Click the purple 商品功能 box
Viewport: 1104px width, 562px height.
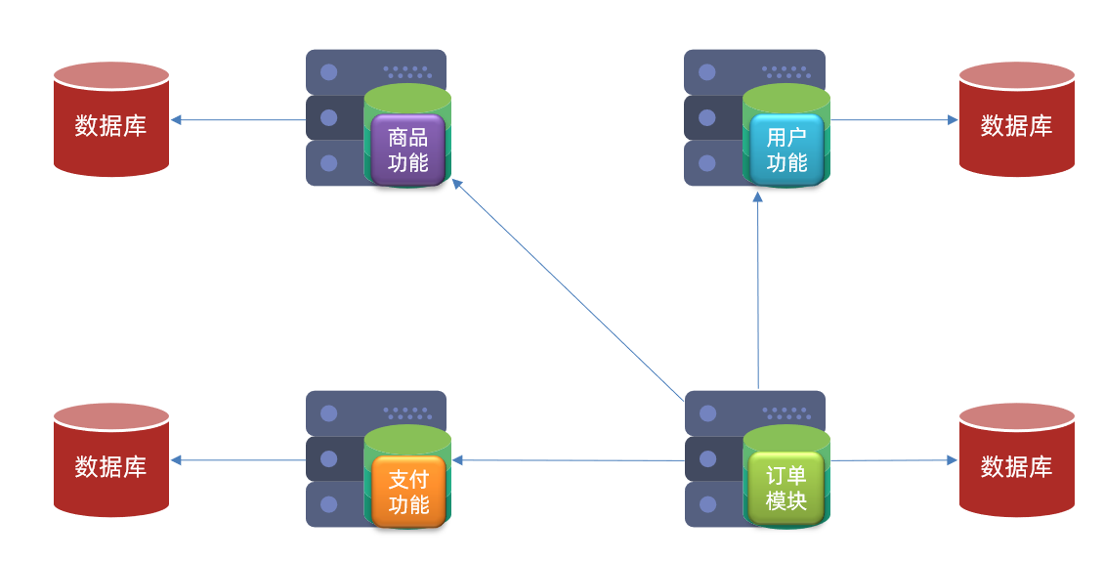point(407,150)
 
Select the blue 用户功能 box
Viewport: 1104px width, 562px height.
point(786,150)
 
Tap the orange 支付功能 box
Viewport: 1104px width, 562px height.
point(407,492)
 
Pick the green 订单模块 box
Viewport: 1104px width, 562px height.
point(786,489)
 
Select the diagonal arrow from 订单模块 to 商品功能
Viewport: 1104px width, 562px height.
point(568,289)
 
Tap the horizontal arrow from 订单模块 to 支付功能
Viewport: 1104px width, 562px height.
point(568,460)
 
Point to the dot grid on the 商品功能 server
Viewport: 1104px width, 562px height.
point(407,72)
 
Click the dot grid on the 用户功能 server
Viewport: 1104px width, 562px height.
point(786,72)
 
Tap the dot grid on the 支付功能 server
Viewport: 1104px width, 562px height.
point(407,413)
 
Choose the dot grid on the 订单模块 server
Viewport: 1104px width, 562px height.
point(786,413)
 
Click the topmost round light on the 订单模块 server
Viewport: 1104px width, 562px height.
point(707,413)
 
